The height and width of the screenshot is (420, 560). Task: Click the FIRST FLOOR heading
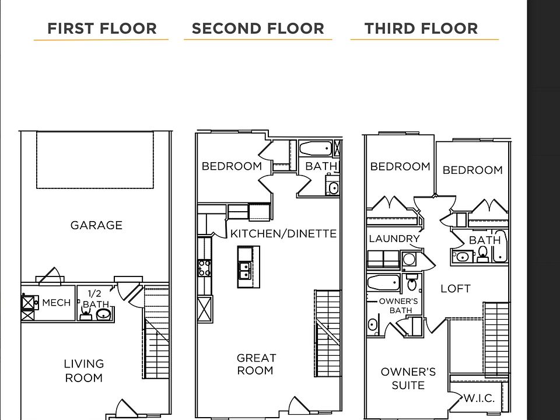101,29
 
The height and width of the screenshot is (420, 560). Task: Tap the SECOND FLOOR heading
258,29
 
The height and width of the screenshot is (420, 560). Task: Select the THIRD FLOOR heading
421,29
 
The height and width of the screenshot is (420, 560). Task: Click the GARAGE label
96,225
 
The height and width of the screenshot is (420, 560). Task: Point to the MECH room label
57,303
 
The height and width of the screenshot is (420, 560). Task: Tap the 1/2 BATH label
96,299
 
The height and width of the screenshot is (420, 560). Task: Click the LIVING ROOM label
84,371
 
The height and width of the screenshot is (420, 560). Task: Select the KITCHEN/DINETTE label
283,233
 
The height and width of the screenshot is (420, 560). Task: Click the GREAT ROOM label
256,364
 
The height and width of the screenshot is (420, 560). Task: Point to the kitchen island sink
245,270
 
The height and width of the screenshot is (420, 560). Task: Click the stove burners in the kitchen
204,268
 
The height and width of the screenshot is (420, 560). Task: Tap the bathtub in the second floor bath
316,148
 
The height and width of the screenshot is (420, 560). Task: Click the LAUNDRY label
394,239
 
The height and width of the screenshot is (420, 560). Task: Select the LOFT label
456,289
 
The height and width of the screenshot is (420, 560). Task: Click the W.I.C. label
479,398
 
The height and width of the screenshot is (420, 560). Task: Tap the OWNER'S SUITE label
408,379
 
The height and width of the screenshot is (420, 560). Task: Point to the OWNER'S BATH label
398,306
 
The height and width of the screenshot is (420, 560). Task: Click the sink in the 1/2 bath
104,314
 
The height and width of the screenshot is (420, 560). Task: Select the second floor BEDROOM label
232,166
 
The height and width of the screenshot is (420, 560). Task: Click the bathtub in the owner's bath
383,282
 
